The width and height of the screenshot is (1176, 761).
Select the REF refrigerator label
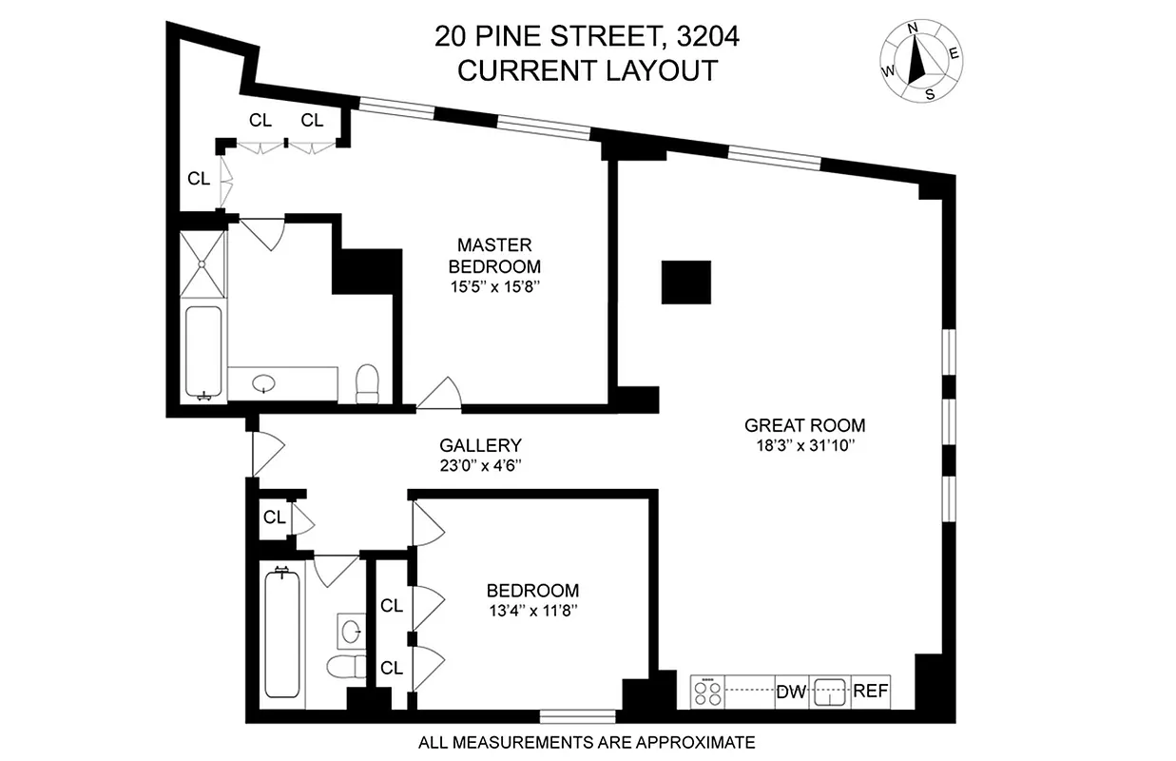871,692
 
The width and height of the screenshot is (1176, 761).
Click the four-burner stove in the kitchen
707,692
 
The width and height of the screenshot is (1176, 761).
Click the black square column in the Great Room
686,283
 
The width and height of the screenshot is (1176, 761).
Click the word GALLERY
480,445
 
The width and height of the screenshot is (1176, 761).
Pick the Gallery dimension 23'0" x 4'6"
480,466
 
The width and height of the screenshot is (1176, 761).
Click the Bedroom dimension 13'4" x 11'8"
531,610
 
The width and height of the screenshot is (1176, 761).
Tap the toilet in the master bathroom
367,384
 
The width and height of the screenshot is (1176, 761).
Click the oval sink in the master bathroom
264,384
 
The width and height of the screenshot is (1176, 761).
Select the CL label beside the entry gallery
275,518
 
